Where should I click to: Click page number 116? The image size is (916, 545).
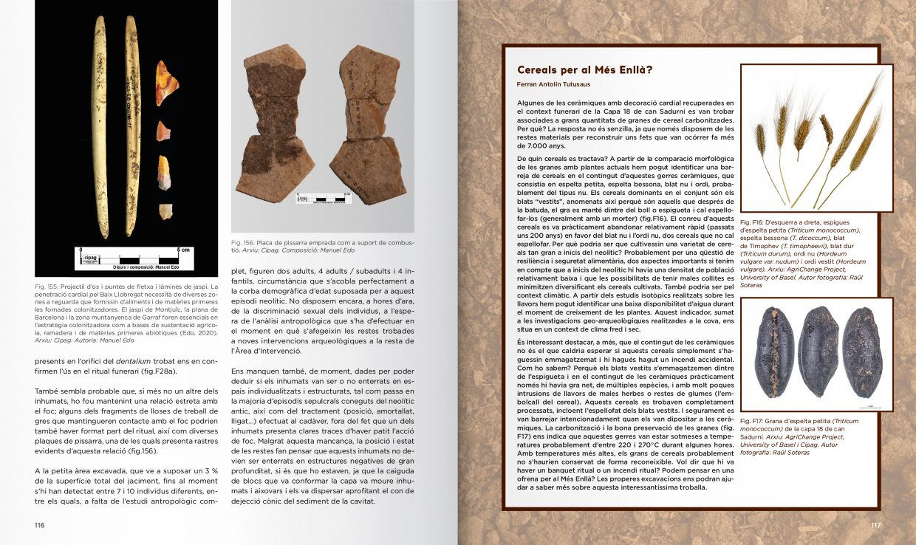point(40,525)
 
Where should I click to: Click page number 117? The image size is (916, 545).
point(875,525)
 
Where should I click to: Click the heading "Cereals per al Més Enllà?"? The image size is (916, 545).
point(584,70)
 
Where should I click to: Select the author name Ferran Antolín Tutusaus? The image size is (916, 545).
point(558,86)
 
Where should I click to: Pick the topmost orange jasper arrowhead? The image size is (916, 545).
point(166,83)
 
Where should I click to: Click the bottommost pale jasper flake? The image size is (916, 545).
point(165,212)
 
